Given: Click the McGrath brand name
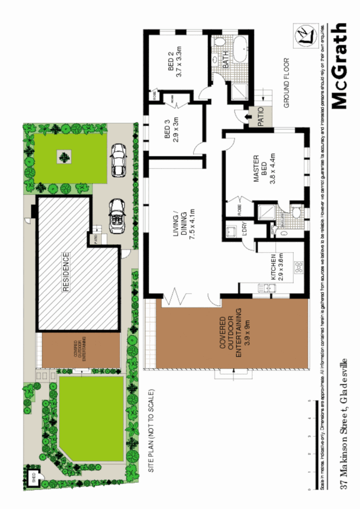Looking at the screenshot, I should click(x=340, y=66).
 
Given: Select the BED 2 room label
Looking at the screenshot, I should click(x=175, y=61).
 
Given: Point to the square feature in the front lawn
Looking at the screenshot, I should click(x=64, y=155).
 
